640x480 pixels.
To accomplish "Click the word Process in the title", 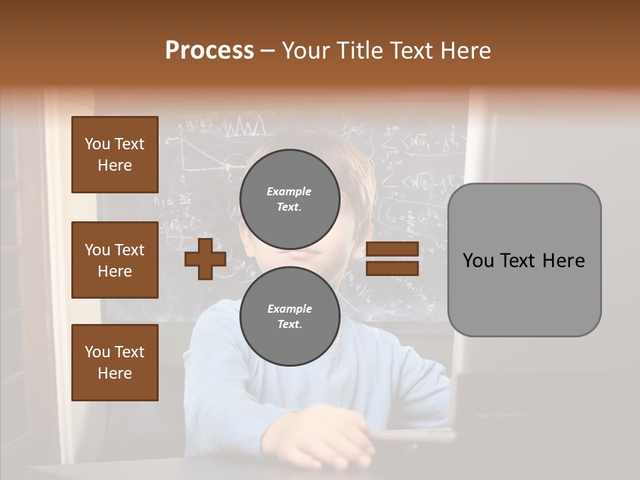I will (x=209, y=51).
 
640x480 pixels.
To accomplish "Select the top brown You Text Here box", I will (x=115, y=155).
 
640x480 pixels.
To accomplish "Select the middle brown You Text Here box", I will (x=115, y=260).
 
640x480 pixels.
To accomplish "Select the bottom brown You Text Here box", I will (x=115, y=363).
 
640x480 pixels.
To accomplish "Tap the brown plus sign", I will (x=205, y=259).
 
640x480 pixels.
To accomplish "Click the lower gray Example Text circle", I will (x=290, y=317).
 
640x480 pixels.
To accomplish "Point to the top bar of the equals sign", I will (x=393, y=249).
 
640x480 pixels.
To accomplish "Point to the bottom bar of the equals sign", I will (x=393, y=269).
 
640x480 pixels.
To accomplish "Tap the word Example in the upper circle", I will (x=289, y=192).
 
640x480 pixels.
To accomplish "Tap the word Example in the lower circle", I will (x=289, y=309).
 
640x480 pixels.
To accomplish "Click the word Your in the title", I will (x=307, y=51).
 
